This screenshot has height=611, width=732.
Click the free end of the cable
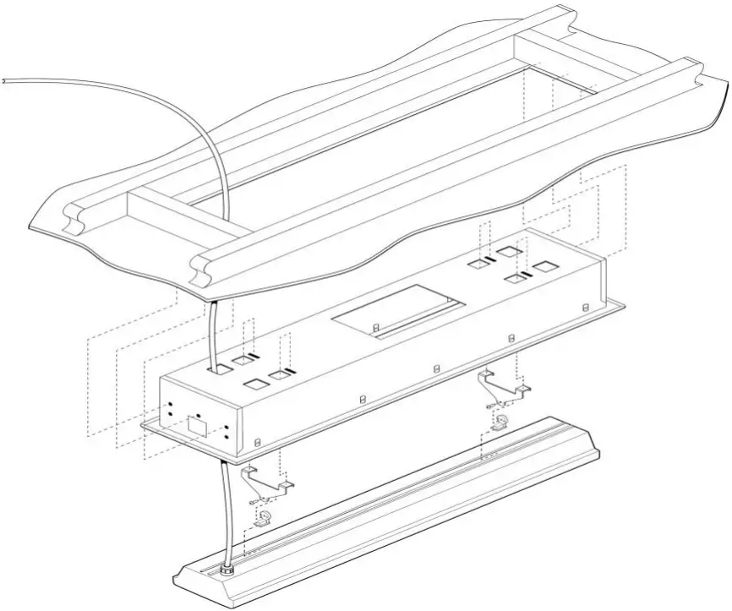4,79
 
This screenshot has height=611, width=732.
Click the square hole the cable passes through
221,369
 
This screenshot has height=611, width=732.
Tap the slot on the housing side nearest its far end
586,307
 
